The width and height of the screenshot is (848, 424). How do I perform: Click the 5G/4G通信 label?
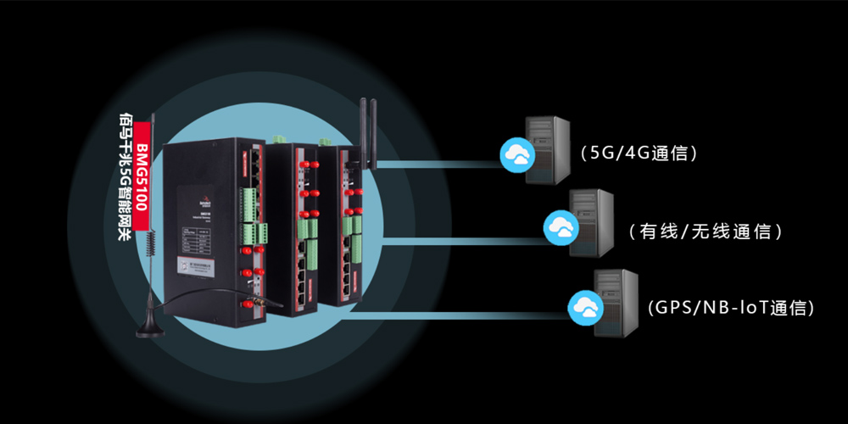click(639, 153)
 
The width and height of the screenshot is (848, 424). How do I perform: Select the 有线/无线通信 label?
click(705, 231)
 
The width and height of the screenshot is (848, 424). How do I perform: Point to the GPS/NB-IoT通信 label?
click(729, 308)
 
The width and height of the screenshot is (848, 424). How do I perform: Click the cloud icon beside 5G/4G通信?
click(515, 153)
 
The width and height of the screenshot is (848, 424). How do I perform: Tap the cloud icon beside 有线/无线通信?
click(559, 226)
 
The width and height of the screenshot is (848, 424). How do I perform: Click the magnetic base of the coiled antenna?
click(149, 328)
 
